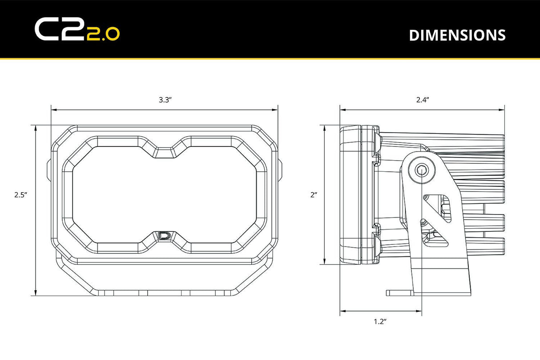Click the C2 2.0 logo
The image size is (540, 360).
pos(77,30)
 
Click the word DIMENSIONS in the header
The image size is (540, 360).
pos(457,35)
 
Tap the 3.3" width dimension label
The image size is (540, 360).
pos(165,100)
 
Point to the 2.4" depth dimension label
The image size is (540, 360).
pos(422,100)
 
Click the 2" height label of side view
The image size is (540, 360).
pos(314,194)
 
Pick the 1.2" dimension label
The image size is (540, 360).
pos(380,321)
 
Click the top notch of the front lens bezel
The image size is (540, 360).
pos(165,151)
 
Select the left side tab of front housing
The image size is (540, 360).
pos(49,170)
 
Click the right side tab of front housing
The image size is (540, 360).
pos(280,170)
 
